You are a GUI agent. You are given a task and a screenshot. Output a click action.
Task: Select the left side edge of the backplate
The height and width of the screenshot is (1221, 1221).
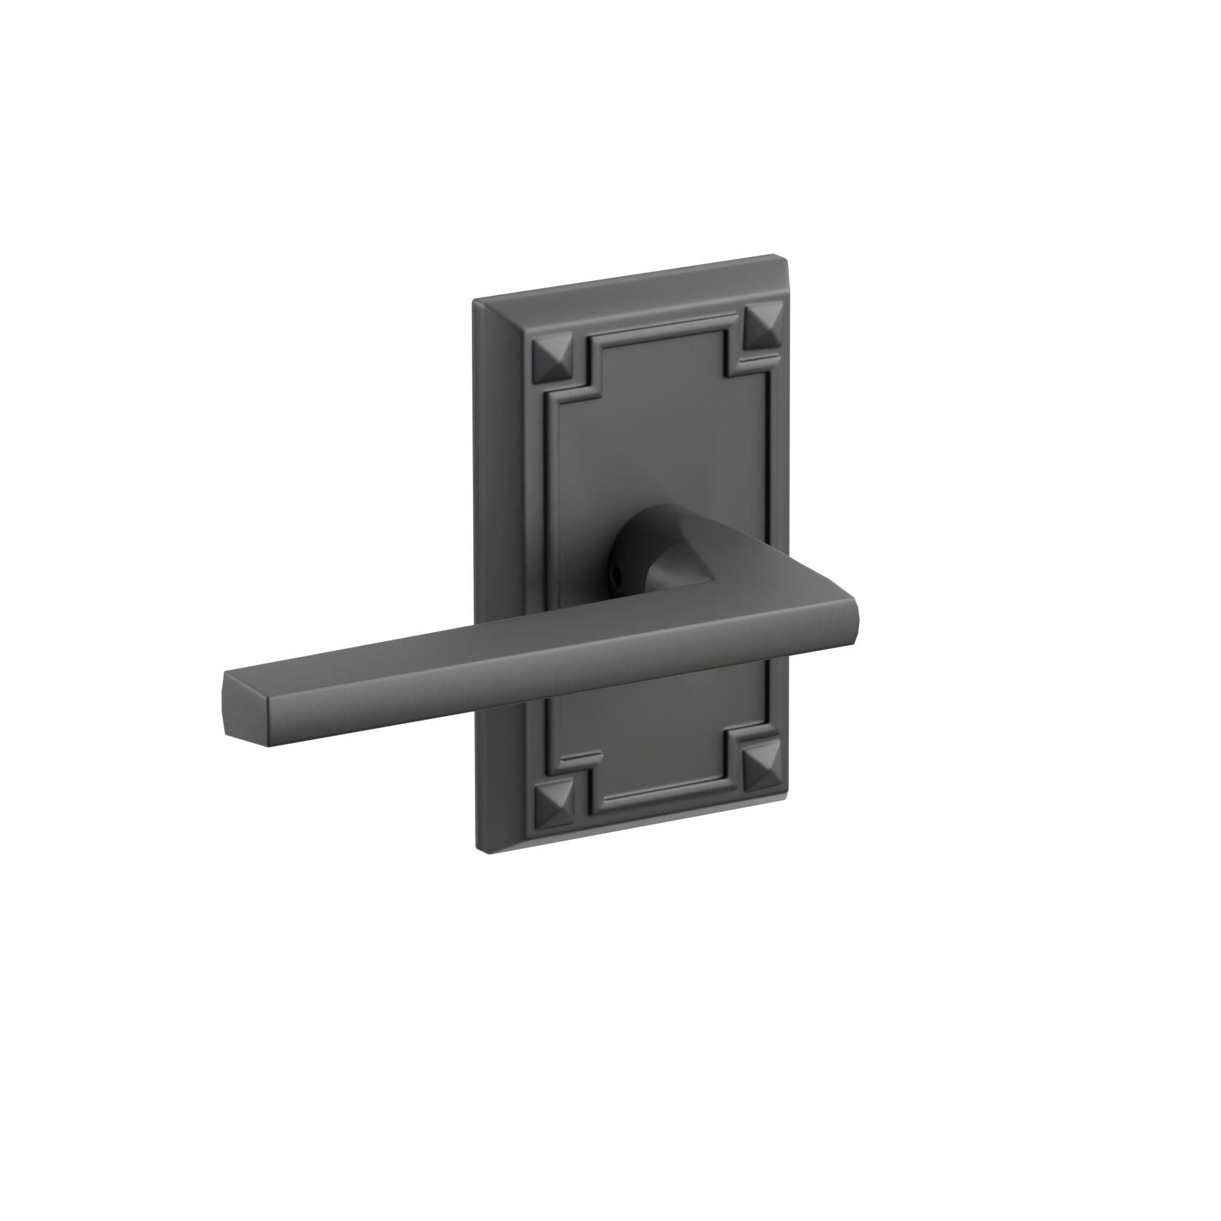pyautogui.click(x=480, y=569)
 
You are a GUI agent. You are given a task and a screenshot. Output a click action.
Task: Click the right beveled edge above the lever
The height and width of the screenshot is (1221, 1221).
pyautogui.click(x=784, y=443)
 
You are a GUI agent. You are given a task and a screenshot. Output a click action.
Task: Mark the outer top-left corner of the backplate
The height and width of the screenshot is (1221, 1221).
pyautogui.click(x=474, y=300)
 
